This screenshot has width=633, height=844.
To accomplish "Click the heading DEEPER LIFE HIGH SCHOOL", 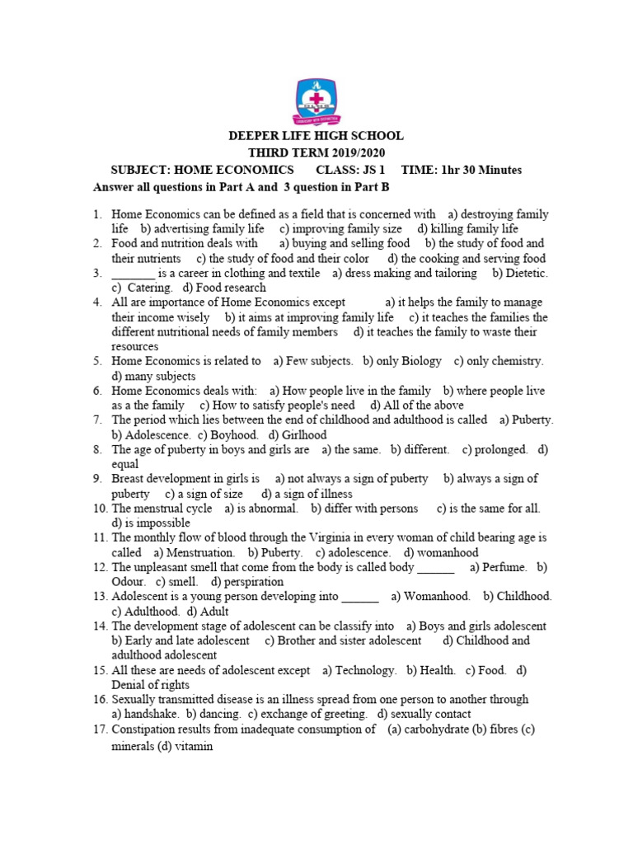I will click(x=316, y=136).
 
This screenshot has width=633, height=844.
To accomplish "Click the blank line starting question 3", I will click(x=133, y=274).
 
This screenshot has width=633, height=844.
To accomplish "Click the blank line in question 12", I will click(x=436, y=567).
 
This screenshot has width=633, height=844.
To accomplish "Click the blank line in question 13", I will click(x=359, y=597).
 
